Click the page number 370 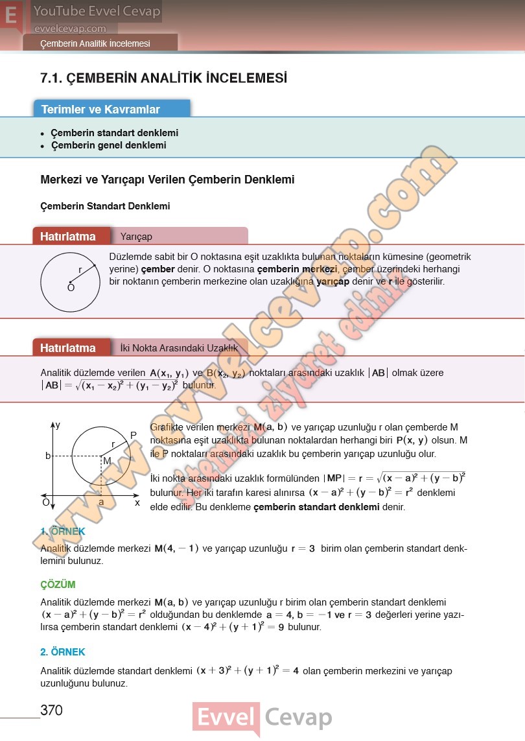click(x=51, y=711)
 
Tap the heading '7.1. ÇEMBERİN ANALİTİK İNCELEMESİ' click(x=163, y=78)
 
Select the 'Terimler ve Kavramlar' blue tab click(x=100, y=110)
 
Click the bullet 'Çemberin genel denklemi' click(x=108, y=145)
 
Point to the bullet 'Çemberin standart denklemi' click(x=114, y=133)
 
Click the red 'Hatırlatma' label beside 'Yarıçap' click(x=68, y=237)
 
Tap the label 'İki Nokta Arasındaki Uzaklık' click(x=179, y=348)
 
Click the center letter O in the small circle click(x=71, y=288)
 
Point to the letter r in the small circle click(x=80, y=270)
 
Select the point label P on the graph click(x=134, y=435)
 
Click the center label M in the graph click(x=107, y=460)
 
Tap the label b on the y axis click(x=47, y=456)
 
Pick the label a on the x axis click(x=101, y=502)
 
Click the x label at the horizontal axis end click(x=137, y=502)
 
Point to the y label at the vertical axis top click(x=58, y=425)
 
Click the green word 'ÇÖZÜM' click(x=58, y=584)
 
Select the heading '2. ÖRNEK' click(x=63, y=652)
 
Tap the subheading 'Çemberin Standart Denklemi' click(x=105, y=206)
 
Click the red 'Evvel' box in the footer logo click(x=226, y=718)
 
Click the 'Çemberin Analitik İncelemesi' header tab click(x=95, y=43)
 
